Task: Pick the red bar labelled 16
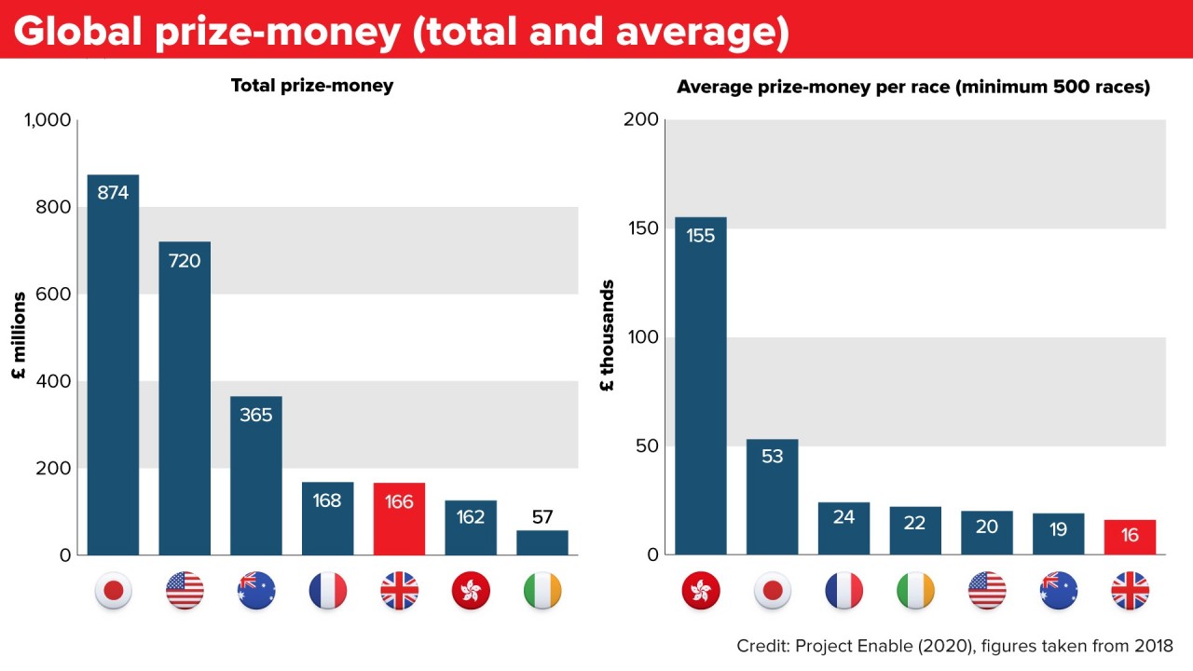click(x=1130, y=537)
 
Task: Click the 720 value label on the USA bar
click(x=185, y=261)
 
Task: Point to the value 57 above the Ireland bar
click(x=542, y=516)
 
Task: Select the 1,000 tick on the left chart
click(x=47, y=120)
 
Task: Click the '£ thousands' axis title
click(x=608, y=336)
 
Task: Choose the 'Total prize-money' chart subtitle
click(x=312, y=86)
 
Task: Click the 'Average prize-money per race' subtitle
click(x=913, y=88)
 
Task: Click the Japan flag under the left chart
click(x=113, y=591)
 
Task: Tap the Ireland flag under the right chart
click(x=914, y=591)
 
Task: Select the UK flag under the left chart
click(x=399, y=591)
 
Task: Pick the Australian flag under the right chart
click(x=1058, y=591)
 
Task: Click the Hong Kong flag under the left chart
click(x=471, y=591)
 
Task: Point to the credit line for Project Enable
click(x=954, y=646)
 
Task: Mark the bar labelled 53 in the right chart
click(x=772, y=497)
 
